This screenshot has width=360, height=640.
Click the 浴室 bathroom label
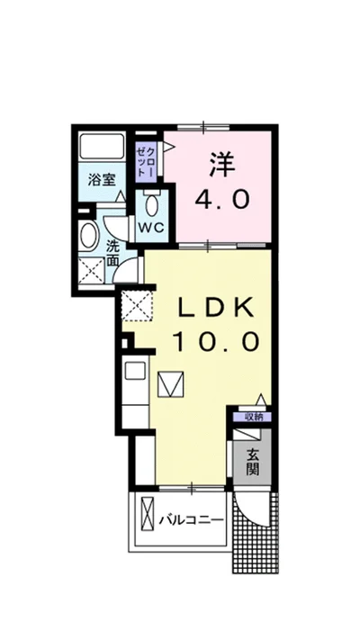click(102, 180)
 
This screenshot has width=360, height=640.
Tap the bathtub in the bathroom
click(102, 147)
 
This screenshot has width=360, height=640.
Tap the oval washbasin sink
click(88, 237)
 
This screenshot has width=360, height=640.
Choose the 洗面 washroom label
click(112, 254)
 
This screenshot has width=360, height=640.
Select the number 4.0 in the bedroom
click(221, 200)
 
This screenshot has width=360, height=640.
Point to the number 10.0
click(216, 341)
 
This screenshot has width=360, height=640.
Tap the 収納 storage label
click(253, 417)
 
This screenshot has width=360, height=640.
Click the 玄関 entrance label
click(253, 462)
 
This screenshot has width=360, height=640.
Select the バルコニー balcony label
click(192, 520)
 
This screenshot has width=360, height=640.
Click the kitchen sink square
click(135, 371)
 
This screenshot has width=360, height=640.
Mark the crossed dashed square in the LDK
click(137, 305)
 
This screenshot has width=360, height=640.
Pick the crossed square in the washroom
click(91, 271)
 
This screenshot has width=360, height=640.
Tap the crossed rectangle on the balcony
click(148, 513)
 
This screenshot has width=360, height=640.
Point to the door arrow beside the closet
click(168, 146)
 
